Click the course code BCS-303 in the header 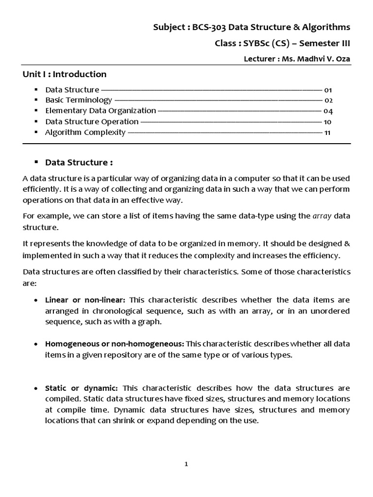211,27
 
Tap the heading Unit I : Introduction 65,74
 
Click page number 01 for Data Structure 328,90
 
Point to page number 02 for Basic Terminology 328,100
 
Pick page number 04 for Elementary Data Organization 328,111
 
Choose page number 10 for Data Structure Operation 328,122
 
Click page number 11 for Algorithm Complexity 327,133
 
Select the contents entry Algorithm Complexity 85,133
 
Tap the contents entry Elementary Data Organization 101,111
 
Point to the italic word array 322,216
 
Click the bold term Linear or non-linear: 85,300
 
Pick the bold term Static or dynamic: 82,388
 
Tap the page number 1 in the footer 186,464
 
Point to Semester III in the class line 324,43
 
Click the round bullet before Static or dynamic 36,389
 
